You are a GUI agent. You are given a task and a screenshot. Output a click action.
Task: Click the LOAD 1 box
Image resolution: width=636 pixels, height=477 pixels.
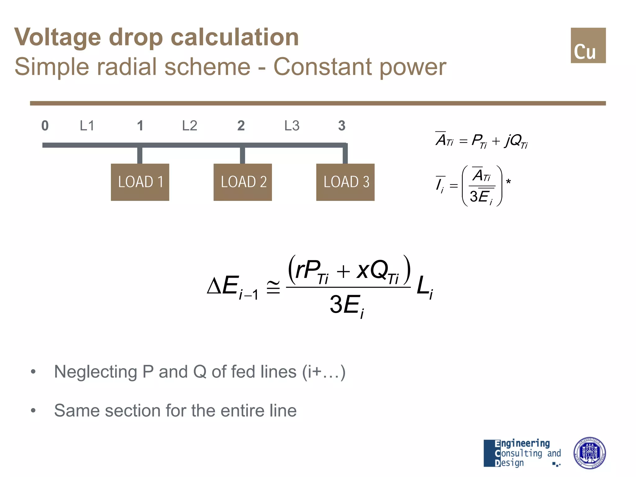tap(140, 182)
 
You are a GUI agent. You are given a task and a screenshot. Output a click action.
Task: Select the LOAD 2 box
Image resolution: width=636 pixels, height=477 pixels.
tap(243, 182)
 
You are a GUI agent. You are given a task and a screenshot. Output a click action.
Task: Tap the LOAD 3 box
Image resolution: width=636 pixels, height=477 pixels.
tap(345, 182)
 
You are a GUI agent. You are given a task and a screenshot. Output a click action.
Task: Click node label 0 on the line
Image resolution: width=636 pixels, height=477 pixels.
tap(45, 126)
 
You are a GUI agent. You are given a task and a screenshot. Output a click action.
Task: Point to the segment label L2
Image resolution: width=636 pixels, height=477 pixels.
tap(189, 126)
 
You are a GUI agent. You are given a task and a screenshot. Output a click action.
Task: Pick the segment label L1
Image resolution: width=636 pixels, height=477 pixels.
tap(87, 126)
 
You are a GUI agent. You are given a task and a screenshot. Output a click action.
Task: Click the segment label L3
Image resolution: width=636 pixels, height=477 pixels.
tap(292, 126)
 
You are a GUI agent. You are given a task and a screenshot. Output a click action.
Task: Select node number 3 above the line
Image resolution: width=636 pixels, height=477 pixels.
tap(342, 126)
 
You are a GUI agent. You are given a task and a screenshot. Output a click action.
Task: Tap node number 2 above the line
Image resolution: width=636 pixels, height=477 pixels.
tap(241, 126)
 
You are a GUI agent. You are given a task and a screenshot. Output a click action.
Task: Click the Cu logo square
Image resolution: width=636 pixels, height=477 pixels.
tap(588, 45)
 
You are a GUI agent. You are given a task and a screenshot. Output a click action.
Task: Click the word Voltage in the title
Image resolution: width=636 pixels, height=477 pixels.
tap(58, 37)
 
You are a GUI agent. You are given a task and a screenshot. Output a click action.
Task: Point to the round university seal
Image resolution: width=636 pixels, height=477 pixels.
tap(589, 453)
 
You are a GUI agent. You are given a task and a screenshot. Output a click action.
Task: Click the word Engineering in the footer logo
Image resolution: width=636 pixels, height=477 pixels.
tap(522, 443)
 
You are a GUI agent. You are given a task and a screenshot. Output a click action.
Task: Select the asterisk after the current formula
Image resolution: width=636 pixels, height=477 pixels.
tap(508, 182)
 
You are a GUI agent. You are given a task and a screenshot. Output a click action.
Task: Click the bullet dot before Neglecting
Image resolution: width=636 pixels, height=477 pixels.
tap(33, 371)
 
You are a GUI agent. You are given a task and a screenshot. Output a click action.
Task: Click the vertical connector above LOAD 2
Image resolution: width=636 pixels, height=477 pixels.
tap(243, 155)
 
